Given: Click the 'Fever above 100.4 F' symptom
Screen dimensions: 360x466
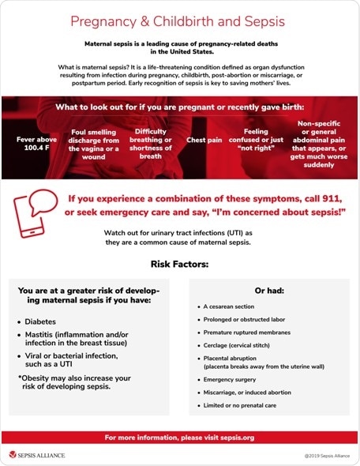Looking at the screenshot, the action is (36, 144).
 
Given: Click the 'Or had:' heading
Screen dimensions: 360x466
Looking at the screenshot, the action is (267, 290).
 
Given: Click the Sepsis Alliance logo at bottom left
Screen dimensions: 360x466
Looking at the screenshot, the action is (37, 455).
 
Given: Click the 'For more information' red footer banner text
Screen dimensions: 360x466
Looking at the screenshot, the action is (179, 437).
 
